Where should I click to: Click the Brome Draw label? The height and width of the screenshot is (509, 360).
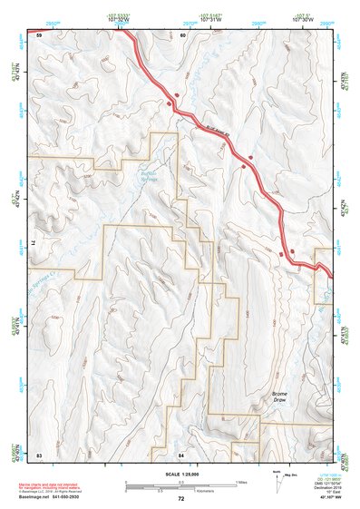[280, 397]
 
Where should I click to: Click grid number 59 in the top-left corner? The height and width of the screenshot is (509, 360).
[39, 34]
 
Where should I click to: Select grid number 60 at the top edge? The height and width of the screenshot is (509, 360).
[182, 34]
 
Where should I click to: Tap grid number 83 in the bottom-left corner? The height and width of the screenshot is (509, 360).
[39, 452]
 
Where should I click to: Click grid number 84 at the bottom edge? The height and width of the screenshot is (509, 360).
[181, 452]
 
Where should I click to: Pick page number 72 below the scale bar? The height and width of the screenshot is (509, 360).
[180, 499]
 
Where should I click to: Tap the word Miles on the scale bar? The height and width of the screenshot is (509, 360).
[240, 482]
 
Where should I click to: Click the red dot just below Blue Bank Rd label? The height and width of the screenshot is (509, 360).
[243, 166]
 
